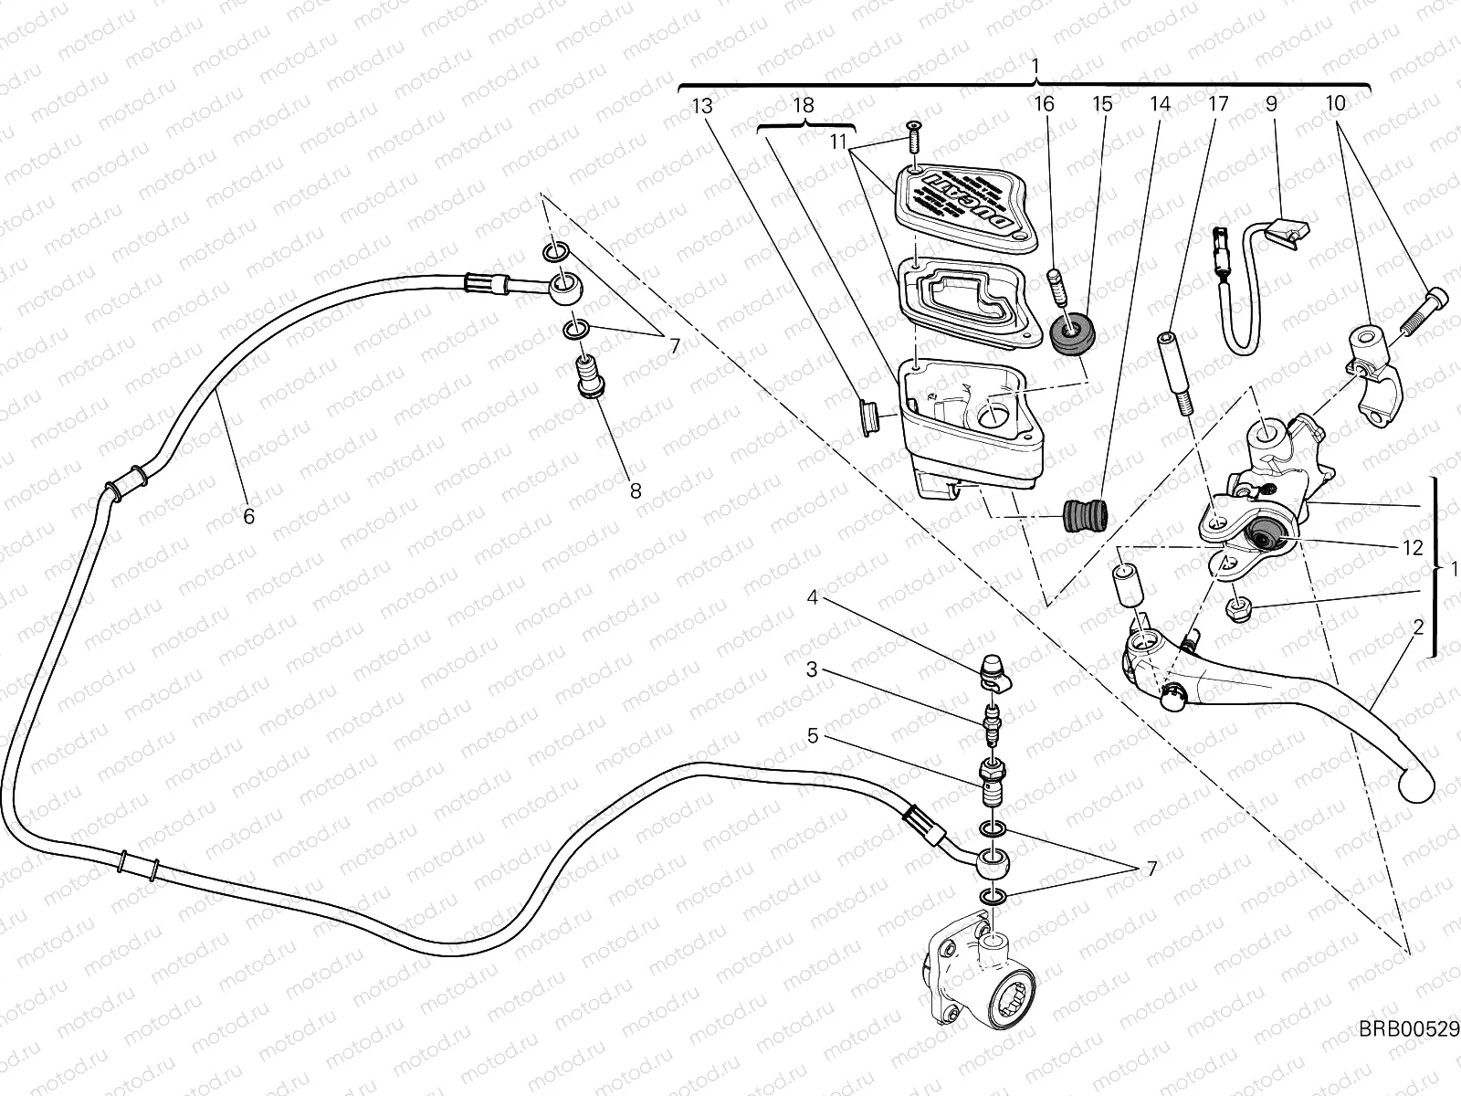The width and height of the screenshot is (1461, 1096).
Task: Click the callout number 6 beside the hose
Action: coord(247,516)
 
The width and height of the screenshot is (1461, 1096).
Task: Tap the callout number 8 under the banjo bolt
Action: coord(636,490)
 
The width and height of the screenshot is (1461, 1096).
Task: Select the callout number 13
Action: coord(701,105)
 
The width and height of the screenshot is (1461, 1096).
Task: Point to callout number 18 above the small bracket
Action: coord(803,105)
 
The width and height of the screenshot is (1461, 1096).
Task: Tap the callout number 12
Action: coord(1413,548)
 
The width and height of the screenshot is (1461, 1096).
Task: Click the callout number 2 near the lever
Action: coord(1418,627)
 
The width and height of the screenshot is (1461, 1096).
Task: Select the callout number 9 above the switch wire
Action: coord(1271,104)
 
